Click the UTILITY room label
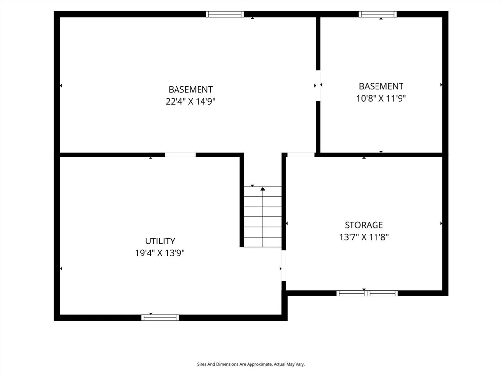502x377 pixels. tap(160, 241)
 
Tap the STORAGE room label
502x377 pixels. tap(364, 225)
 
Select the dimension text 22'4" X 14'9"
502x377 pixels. tap(191, 101)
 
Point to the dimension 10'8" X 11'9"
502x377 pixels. tap(381, 98)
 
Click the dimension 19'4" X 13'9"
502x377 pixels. tap(160, 253)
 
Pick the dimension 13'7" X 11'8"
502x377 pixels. tap(364, 237)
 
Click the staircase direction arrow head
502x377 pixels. tap(263, 189)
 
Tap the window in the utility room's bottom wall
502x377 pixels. tap(160, 318)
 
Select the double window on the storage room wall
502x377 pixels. tap(367, 293)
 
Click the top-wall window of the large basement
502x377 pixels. tap(225, 14)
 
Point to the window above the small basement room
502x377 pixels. tap(377, 14)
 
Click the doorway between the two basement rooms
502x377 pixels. tap(318, 85)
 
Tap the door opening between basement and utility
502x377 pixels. tap(180, 155)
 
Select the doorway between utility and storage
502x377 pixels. tap(284, 266)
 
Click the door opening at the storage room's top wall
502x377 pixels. tap(301, 155)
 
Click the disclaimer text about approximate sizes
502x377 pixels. tap(251, 364)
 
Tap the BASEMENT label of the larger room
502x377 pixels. tap(191, 89)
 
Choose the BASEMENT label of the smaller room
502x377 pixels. tap(381, 86)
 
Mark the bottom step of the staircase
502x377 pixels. tap(263, 242)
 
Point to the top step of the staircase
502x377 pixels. tap(263, 192)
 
